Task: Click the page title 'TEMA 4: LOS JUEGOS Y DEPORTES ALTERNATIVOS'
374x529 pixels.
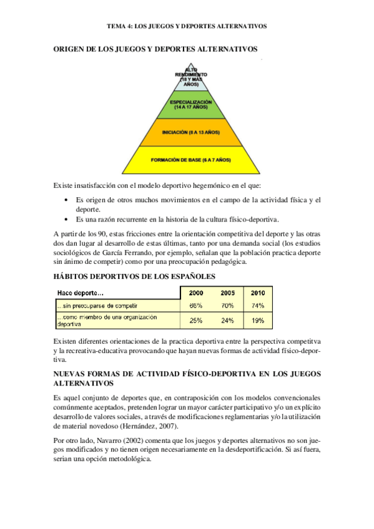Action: click(187, 27)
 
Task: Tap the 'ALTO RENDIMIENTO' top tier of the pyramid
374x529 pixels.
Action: click(191, 76)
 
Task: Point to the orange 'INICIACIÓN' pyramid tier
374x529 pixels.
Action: click(191, 132)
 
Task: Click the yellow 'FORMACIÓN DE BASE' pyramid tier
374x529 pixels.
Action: click(191, 160)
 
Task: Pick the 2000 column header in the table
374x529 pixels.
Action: click(196, 293)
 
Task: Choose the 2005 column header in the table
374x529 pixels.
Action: click(227, 293)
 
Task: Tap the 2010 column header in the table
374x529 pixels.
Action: click(258, 293)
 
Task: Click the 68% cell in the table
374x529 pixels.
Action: click(196, 306)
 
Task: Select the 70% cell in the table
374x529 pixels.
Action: click(227, 306)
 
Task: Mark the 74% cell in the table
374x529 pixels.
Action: click(258, 306)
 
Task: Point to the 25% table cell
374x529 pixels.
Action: click(196, 321)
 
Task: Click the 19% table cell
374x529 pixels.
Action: click(258, 321)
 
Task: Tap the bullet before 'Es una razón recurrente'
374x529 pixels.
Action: click(67, 219)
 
